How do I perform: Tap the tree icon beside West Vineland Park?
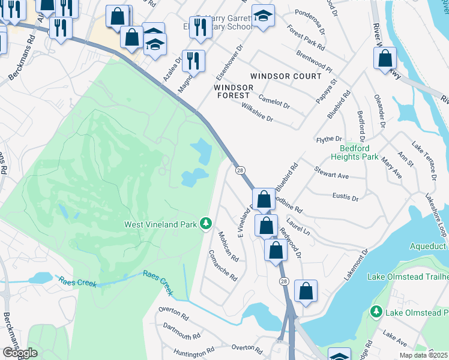[206, 223]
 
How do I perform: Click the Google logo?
[20, 353]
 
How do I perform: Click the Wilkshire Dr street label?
[257, 112]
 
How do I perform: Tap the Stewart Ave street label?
[331, 173]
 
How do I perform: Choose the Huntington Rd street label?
[194, 352]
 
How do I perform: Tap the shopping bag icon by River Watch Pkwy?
[385, 59]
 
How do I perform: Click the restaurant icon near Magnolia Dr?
[193, 60]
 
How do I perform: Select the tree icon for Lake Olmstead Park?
[376, 311]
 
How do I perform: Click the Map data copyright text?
[423, 355]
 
